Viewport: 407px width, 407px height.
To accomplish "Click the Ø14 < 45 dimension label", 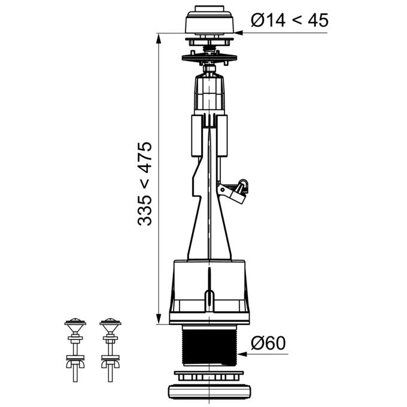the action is click(290, 20).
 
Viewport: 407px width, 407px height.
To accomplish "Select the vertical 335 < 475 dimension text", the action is click(145, 184).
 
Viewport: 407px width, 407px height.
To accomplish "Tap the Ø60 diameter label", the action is click(268, 343).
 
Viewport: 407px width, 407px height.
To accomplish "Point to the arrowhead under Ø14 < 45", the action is click(238, 33).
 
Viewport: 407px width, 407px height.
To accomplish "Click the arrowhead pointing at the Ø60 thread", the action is click(241, 354).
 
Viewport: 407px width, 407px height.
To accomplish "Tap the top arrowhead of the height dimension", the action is click(159, 38).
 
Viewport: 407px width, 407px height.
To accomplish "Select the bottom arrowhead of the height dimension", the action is click(159, 319).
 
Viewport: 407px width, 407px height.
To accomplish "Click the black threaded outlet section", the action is click(209, 345).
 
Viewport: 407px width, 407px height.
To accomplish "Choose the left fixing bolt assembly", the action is click(75, 350).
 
